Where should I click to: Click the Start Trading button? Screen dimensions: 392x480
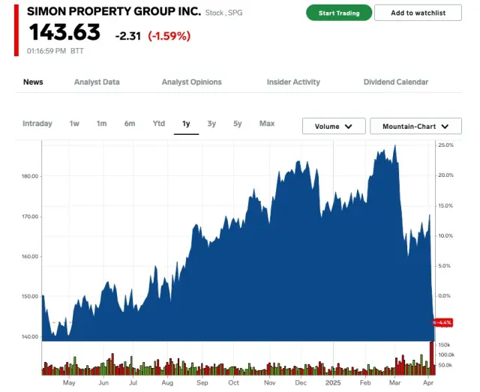[339, 13]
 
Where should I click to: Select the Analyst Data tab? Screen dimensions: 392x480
[97, 82]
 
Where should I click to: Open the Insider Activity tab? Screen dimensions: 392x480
[293, 82]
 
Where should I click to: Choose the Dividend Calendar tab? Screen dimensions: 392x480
[396, 82]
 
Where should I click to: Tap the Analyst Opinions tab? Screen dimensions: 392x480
[192, 82]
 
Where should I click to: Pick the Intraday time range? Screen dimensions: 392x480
[37, 124]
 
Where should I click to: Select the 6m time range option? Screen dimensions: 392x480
[130, 124]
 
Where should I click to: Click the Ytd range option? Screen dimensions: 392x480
[159, 124]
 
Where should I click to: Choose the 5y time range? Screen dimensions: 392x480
[238, 124]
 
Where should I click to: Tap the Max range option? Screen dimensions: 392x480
[267, 124]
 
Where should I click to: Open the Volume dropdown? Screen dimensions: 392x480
[334, 127]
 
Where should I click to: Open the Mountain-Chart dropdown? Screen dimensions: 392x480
[415, 127]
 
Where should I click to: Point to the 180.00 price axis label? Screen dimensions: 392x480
[30, 176]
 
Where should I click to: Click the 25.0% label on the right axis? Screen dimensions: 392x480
[446, 145]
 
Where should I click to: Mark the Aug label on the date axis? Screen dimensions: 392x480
[167, 383]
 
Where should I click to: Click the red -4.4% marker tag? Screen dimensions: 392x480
[445, 322]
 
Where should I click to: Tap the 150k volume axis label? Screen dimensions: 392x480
[444, 344]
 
